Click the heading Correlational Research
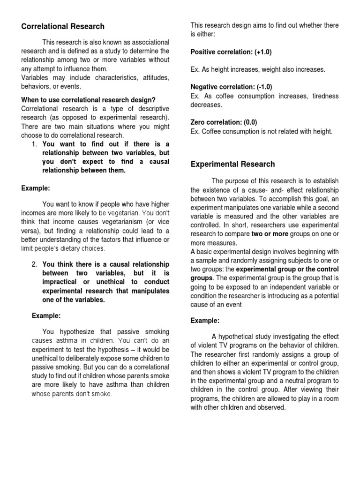click(x=63, y=26)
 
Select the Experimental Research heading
click(x=232, y=164)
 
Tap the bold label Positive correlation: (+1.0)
click(x=231, y=52)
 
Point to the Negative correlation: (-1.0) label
click(x=231, y=87)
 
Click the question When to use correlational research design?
click(x=88, y=100)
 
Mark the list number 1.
click(x=35, y=144)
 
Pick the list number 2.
click(x=35, y=264)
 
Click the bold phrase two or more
click(x=269, y=234)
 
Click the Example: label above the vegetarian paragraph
click(x=36, y=188)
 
